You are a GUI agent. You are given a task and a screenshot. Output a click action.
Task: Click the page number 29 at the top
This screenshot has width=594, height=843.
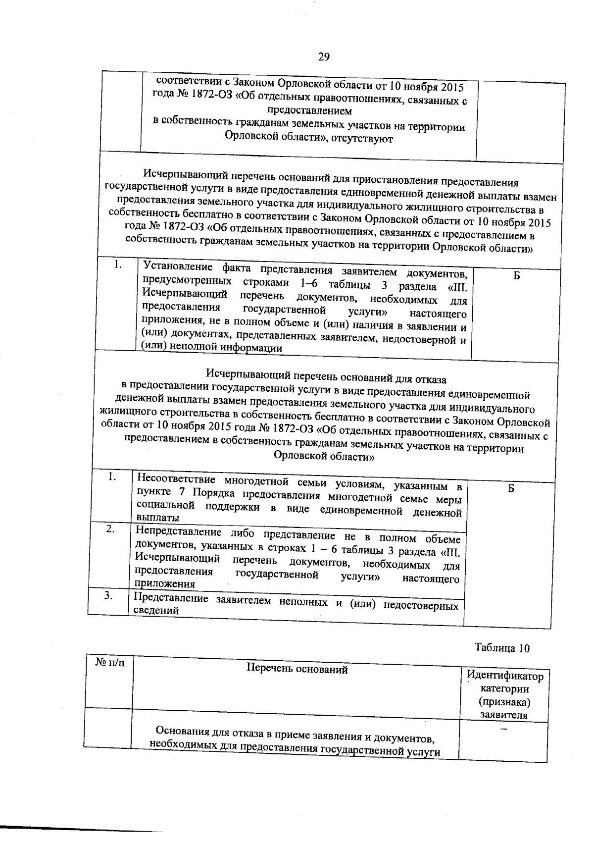tap(323, 56)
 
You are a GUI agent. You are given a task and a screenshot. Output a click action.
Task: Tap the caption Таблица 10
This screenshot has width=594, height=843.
tap(502, 648)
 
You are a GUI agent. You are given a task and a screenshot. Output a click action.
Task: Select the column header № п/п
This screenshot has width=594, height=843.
tap(109, 662)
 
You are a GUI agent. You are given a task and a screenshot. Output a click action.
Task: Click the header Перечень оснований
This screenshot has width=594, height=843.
tap(297, 670)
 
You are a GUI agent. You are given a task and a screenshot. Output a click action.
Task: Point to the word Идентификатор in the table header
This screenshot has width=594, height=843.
tap(505, 676)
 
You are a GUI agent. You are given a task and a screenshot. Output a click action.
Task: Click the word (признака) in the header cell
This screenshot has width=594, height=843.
tap(504, 702)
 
